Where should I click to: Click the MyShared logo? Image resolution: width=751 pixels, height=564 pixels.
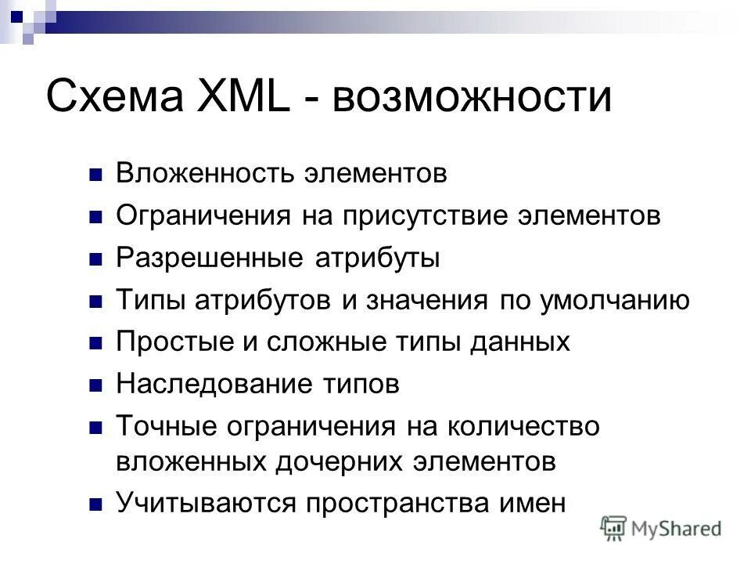click(x=661, y=528)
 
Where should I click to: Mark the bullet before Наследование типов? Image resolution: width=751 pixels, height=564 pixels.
click(x=96, y=385)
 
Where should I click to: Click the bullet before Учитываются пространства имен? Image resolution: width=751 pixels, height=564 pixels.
click(x=96, y=504)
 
